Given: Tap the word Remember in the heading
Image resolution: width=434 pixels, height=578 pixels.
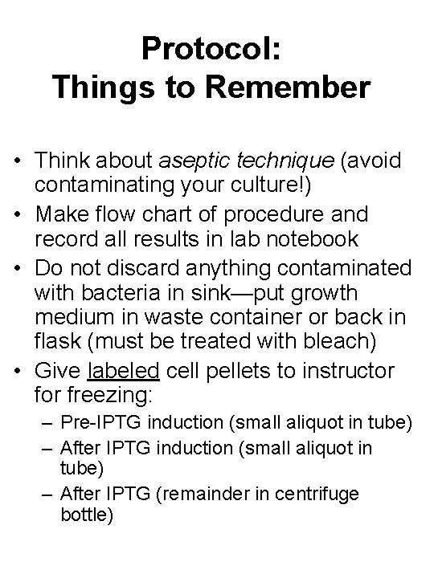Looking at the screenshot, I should coord(294,86).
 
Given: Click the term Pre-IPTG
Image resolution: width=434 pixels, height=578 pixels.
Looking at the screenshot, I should coord(100,423).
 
